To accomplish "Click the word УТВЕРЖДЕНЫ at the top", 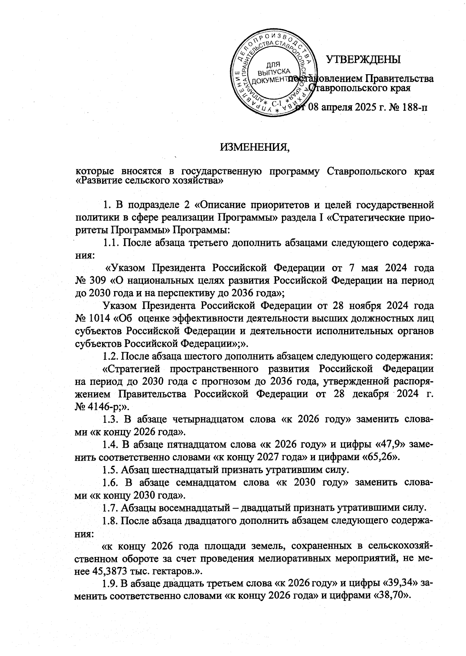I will point(363,59).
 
